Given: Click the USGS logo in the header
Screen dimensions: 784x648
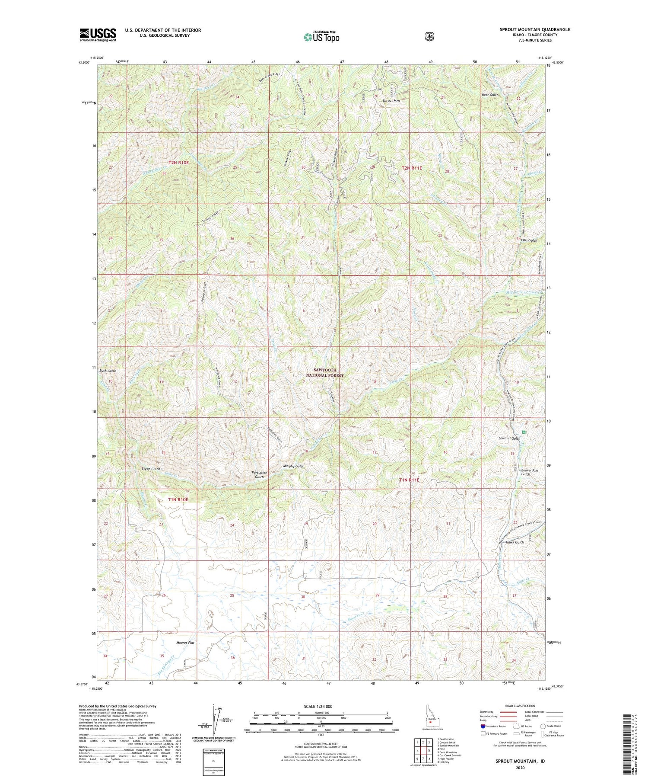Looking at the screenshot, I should [98, 34].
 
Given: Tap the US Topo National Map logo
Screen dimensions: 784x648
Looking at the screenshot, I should [321, 37].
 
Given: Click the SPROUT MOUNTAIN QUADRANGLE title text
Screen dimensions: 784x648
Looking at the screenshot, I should [535, 29].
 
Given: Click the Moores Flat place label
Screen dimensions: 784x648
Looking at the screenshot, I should [185, 643].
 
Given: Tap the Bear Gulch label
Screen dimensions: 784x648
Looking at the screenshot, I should [490, 95].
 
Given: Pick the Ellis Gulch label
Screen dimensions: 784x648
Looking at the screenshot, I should [529, 240].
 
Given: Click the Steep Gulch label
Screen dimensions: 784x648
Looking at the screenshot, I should [151, 469].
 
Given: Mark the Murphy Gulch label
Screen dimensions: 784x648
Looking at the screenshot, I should [294, 466].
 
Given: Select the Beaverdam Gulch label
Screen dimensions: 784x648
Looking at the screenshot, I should [525, 472].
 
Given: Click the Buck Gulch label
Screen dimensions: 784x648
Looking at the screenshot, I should [108, 371].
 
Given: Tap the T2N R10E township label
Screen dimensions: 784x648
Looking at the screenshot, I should [179, 163].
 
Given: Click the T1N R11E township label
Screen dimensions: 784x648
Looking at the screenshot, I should [409, 480].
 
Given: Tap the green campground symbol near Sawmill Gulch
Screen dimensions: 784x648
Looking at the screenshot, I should [524, 432].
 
